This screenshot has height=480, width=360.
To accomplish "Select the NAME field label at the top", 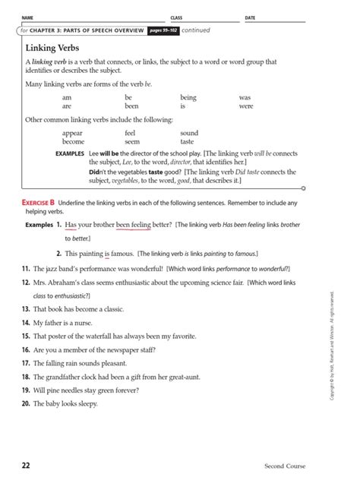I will [x=27, y=17].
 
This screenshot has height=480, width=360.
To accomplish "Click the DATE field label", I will [x=250, y=17].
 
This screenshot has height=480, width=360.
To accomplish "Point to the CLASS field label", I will [x=177, y=17].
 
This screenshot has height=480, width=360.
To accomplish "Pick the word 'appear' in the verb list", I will [x=72, y=132].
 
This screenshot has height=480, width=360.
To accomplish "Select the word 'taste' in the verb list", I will [x=187, y=141].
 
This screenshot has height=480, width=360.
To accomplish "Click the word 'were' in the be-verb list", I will [x=245, y=106].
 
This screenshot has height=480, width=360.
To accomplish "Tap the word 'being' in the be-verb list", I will [x=188, y=97].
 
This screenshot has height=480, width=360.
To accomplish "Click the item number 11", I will [x=26, y=270].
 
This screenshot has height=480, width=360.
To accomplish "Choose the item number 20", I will [x=26, y=403].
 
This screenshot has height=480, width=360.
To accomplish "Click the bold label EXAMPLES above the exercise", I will [x=71, y=153].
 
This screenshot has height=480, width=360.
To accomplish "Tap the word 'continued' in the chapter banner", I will [x=196, y=30].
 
